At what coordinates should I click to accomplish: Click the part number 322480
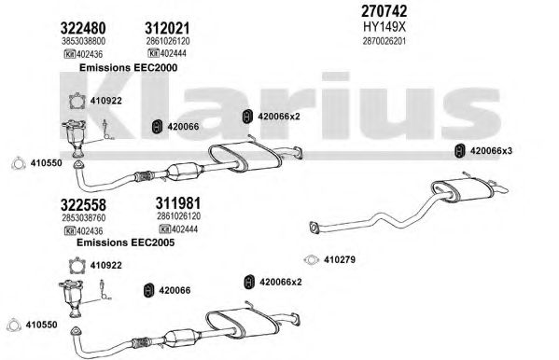click(83, 28)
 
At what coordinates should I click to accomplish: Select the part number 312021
click(167, 28)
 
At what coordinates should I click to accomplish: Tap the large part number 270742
click(384, 11)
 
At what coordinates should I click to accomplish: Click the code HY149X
click(384, 27)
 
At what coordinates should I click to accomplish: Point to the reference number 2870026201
click(384, 41)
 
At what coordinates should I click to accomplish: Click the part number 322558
click(83, 205)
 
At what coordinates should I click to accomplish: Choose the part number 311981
click(178, 203)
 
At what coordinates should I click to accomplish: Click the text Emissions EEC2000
click(128, 67)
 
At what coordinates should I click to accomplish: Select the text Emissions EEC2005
click(125, 242)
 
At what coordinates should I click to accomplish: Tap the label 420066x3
click(491, 151)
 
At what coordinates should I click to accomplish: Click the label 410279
click(340, 259)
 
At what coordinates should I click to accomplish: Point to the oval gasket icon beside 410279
click(311, 260)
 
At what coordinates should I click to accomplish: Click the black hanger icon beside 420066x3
click(460, 151)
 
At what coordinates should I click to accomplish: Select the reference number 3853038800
click(83, 41)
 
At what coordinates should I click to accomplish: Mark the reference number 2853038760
click(83, 217)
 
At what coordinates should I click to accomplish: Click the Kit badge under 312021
click(153, 53)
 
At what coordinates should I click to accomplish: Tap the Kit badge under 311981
click(164, 228)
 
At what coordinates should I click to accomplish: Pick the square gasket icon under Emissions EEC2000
click(77, 101)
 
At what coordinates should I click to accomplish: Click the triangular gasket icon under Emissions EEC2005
click(13, 325)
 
